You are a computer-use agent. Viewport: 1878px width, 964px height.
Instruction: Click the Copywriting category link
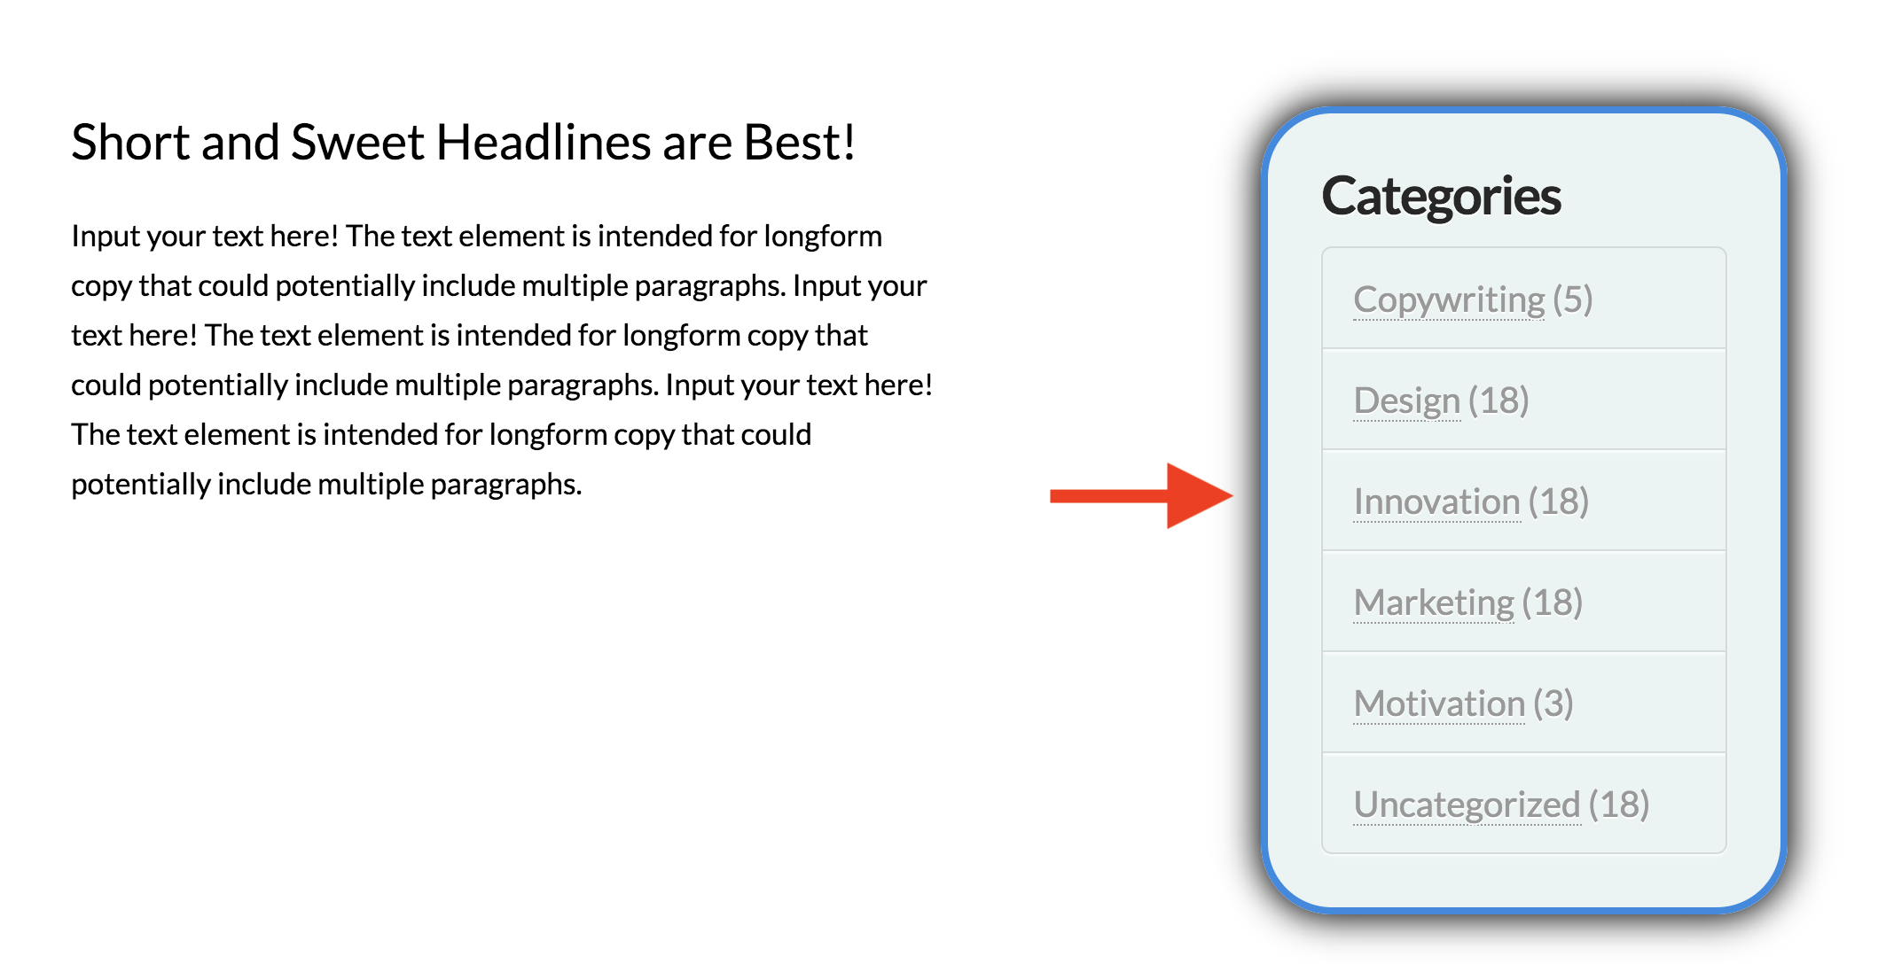click(1449, 300)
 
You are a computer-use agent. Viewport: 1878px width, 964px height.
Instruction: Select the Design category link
click(1406, 400)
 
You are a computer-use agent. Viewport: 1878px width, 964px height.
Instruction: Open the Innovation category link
click(1436, 501)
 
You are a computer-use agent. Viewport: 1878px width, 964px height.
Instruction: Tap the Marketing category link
click(1434, 602)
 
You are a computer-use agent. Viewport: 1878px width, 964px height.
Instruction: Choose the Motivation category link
click(1439, 704)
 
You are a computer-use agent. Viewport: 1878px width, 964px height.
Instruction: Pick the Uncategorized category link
click(1467, 805)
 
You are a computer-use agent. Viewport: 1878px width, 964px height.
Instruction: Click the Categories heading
click(1441, 197)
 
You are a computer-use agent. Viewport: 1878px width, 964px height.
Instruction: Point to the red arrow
click(1141, 495)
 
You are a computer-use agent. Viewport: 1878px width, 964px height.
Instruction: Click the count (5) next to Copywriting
click(1573, 299)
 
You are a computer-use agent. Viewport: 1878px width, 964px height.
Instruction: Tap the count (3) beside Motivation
click(1553, 704)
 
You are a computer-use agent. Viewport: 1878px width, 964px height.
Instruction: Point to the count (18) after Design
click(1498, 400)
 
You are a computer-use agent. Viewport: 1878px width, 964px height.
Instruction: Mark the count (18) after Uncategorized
click(1619, 805)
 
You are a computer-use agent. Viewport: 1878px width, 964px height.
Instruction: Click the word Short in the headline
click(130, 142)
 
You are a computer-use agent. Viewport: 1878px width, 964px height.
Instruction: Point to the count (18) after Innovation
click(1559, 501)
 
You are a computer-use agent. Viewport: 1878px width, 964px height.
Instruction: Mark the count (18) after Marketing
click(1553, 602)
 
